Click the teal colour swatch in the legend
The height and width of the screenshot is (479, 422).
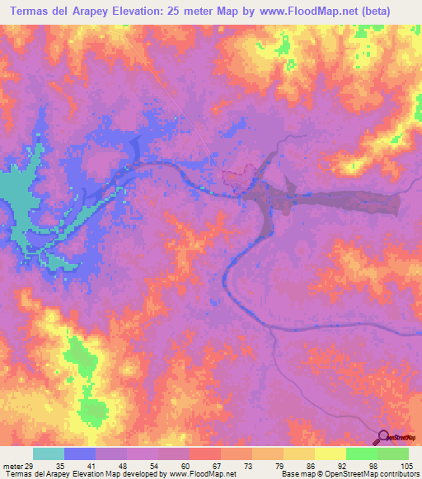coord(49,454)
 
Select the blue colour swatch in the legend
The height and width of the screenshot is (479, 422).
coord(80,454)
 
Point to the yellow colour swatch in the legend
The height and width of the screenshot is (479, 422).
coord(330,454)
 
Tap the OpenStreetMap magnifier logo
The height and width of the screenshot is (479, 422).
coord(384,436)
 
